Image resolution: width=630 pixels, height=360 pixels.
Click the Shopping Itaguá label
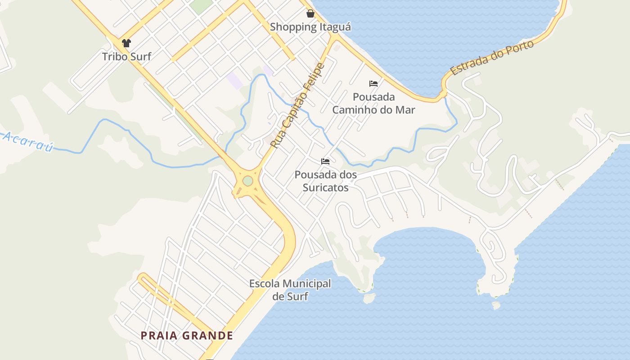[310, 27]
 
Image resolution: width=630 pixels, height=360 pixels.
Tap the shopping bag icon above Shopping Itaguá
[310, 13]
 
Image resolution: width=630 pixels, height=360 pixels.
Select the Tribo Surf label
[126, 57]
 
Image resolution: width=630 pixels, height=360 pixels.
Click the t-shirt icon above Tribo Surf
[126, 43]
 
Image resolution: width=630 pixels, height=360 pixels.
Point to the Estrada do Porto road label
[492, 58]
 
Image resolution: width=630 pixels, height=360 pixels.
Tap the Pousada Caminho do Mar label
[373, 103]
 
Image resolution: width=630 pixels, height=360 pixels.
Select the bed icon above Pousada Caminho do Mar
[373, 83]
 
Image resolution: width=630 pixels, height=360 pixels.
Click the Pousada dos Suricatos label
[325, 181]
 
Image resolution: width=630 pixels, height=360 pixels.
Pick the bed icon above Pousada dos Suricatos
[325, 161]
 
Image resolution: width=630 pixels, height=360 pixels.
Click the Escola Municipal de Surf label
[290, 290]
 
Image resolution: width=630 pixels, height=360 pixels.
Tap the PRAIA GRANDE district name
[187, 336]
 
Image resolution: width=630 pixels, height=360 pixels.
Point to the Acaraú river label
[28, 141]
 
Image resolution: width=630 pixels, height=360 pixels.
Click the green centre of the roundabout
[247, 181]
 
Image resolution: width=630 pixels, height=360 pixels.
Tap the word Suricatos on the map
[325, 187]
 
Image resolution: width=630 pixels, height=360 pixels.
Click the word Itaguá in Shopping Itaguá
[335, 27]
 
